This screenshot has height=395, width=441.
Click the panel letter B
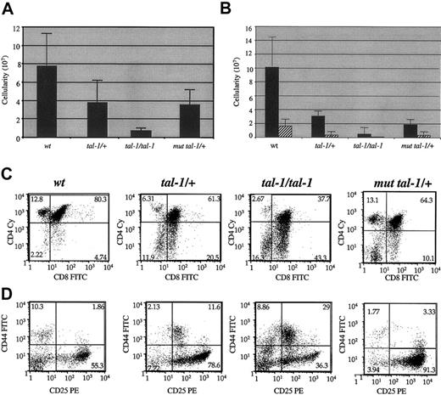(x=229, y=8)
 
